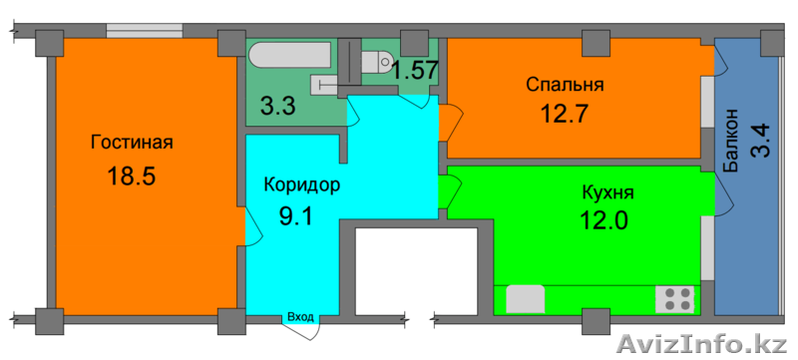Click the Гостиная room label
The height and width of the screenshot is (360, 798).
(132, 143)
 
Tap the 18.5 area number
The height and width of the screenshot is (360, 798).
(131, 177)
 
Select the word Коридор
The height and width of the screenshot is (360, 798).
(302, 185)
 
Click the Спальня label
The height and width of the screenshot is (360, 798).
(565, 85)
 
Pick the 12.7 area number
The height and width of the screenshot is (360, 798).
(564, 114)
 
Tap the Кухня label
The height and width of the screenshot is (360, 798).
(607, 193)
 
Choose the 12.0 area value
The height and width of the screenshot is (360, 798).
(604, 220)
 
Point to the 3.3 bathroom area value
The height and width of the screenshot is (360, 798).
(278, 108)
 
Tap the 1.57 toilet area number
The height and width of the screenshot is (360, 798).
(414, 71)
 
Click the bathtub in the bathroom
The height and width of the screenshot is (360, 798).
(291, 55)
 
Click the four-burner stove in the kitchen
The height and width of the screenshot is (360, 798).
(675, 299)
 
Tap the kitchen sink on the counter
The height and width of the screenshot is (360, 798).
(526, 299)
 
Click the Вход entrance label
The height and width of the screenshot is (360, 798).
(301, 317)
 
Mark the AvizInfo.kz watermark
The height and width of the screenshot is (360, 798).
(701, 344)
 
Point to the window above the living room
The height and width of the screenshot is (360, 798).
(145, 31)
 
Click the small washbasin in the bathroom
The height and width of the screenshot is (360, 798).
(322, 85)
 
